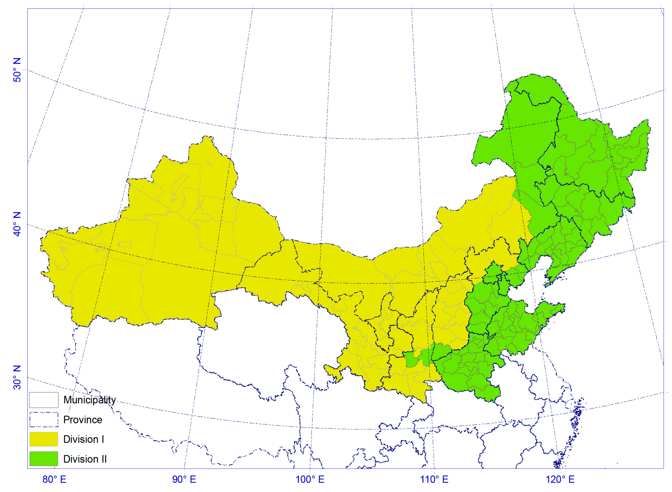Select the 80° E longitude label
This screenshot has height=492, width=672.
point(54,479)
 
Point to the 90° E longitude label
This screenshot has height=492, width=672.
point(184,479)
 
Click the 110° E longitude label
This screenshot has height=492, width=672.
point(434,479)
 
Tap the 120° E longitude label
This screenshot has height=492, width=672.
point(560,479)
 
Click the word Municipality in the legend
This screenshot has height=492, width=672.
point(90,400)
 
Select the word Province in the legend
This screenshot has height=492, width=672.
point(83,420)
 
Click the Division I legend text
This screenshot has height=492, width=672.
point(83,439)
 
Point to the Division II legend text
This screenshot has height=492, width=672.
point(85,459)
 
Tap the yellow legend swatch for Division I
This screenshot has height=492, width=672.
point(44,439)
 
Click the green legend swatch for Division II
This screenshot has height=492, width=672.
point(44,459)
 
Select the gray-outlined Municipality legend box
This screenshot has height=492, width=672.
point(44,400)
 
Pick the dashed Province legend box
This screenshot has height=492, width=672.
point(44,419)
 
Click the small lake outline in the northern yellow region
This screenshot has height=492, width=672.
point(210,163)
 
